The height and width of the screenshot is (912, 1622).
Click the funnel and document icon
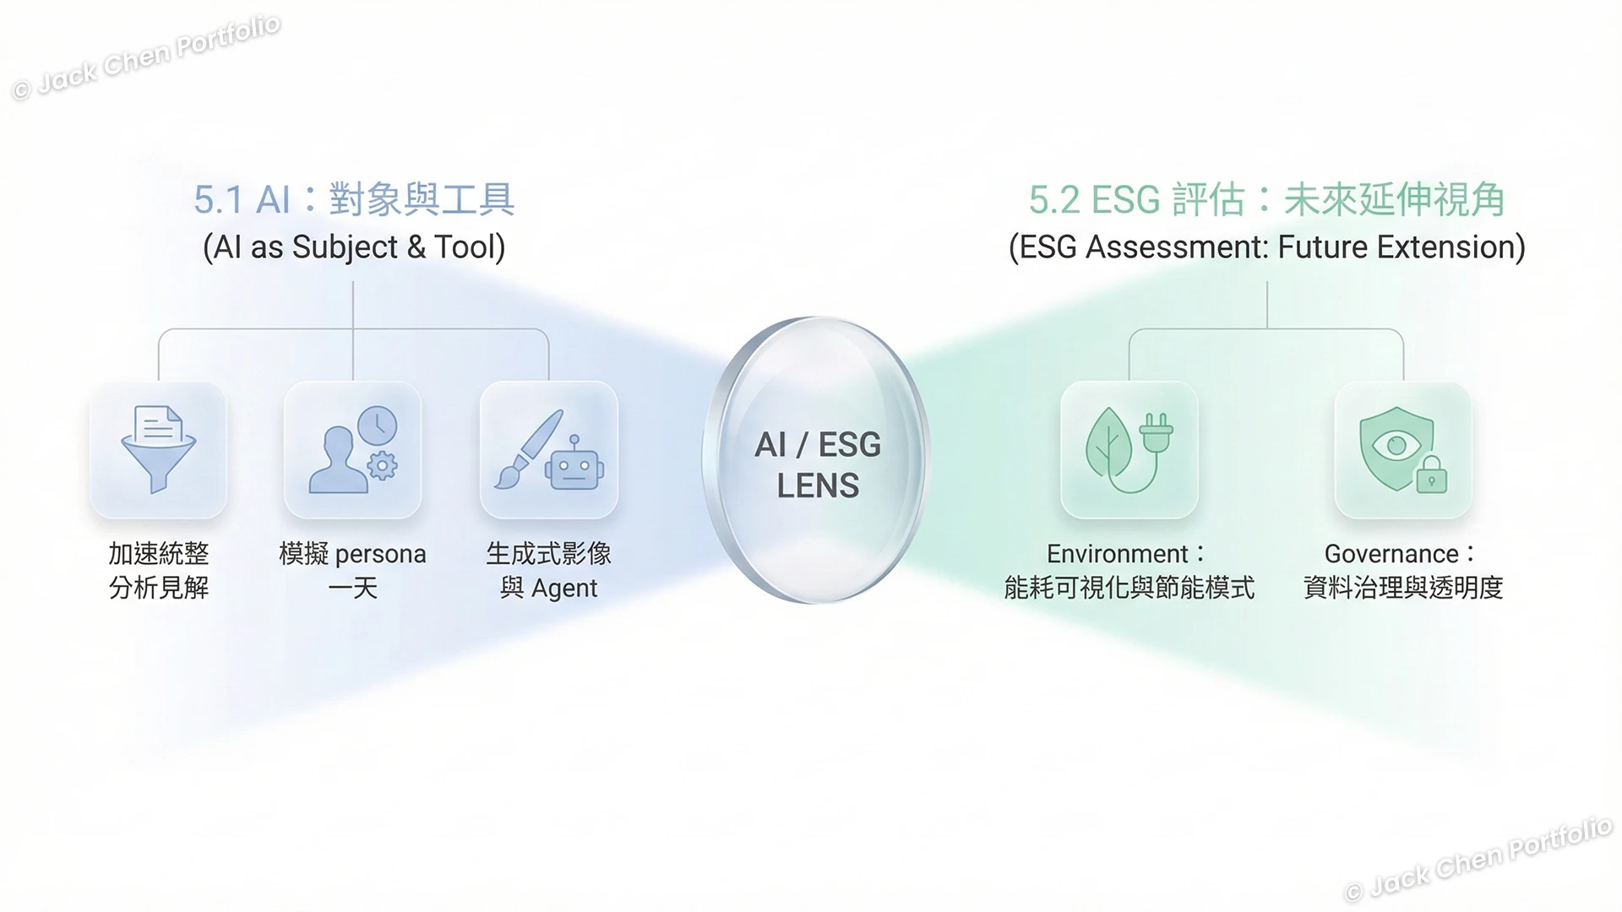158,448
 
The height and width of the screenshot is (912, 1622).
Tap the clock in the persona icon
377,426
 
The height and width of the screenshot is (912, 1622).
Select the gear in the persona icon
383,465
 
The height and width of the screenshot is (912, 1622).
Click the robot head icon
574,467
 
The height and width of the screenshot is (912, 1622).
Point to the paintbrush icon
528,448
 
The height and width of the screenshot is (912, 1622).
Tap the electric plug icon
1155,435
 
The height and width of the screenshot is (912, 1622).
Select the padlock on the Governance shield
1431,476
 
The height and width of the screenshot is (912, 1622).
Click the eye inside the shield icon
1396,445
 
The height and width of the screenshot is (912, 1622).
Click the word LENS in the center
817,486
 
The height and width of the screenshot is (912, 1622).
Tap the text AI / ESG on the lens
817,445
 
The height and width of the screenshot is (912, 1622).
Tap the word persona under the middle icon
380,555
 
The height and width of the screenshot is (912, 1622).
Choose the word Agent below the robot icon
564,589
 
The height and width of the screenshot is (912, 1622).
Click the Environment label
1117,554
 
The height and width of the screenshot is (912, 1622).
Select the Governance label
1391,554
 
